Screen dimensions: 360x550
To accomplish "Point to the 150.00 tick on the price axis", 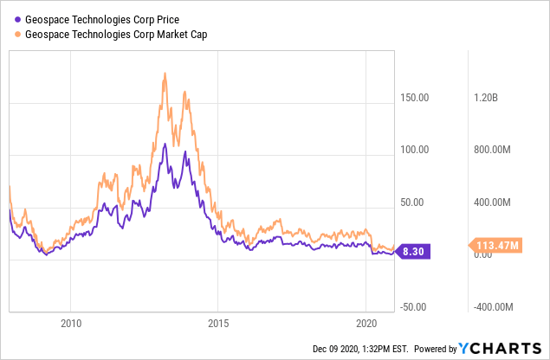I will coord(413,97).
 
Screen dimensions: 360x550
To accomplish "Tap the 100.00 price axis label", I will coord(413,150).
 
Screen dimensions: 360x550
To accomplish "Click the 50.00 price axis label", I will coord(416,202).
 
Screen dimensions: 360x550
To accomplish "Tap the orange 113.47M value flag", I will coord(496,246).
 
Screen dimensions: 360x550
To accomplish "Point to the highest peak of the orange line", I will coord(165,74).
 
